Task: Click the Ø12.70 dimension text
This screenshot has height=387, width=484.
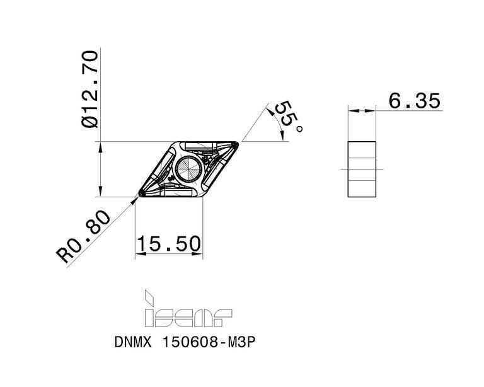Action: (x=89, y=90)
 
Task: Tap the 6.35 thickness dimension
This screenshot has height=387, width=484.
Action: (x=414, y=101)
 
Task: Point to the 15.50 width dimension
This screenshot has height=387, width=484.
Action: (x=169, y=243)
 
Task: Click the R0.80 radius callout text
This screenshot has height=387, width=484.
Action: (x=83, y=236)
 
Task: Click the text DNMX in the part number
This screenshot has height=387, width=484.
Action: (x=133, y=342)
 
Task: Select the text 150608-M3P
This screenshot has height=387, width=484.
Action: (x=209, y=342)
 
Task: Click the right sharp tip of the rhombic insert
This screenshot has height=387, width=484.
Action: (x=238, y=144)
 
